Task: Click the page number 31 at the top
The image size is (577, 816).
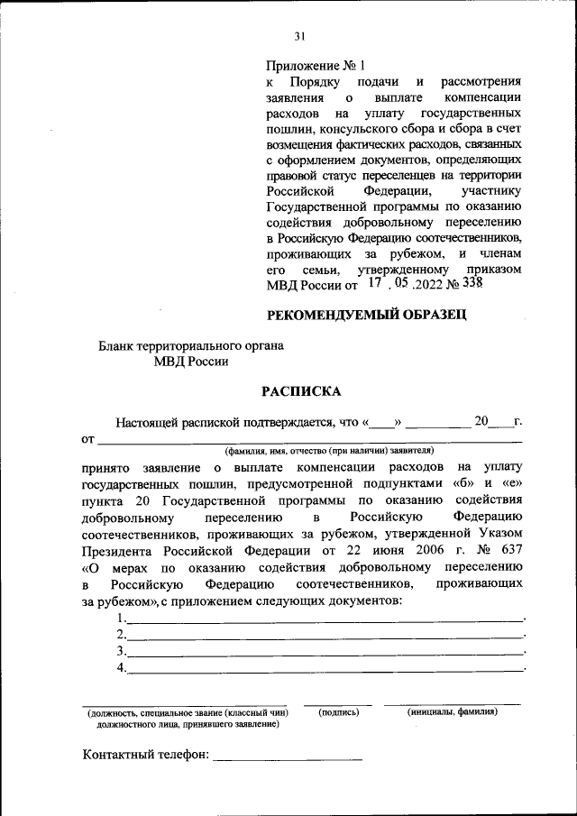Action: coord(301,36)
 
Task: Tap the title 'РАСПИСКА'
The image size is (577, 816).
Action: coord(302,391)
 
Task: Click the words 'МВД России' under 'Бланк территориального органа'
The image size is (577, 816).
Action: coord(191,362)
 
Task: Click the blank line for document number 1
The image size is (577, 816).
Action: coord(325,619)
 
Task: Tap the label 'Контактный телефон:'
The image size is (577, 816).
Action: coord(145,754)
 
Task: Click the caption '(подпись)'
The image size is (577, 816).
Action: coord(339,712)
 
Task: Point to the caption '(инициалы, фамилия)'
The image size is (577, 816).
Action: coord(453,712)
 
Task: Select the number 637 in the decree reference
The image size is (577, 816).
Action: coord(509,551)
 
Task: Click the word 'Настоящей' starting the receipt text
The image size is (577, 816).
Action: coord(145,421)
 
